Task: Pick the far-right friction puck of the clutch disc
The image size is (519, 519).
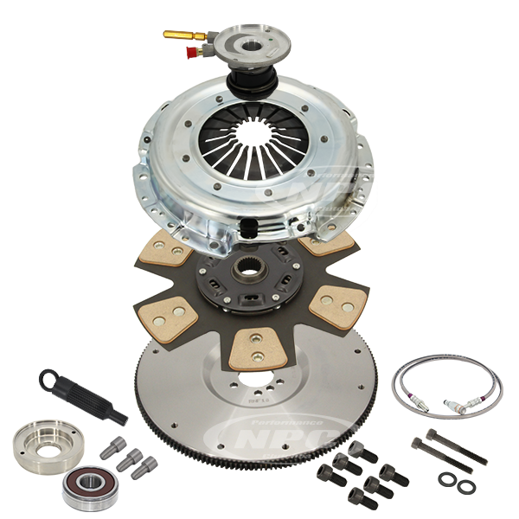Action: (x=341, y=303)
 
